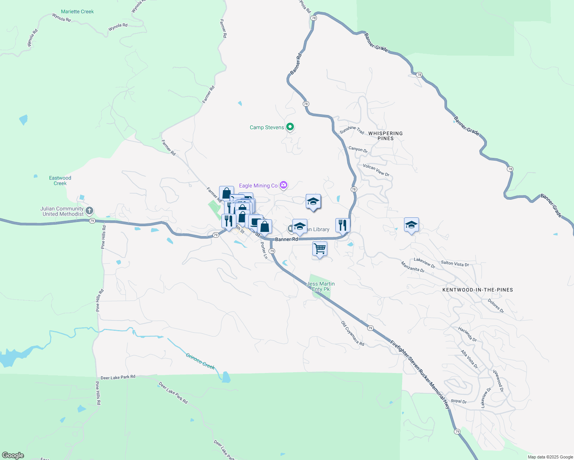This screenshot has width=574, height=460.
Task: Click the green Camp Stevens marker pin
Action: click(290, 127)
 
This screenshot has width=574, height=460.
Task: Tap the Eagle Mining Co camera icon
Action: click(284, 186)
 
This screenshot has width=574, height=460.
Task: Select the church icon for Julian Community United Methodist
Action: click(89, 210)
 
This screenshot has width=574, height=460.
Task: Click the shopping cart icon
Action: click(320, 249)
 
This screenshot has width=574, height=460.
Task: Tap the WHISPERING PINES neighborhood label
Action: click(385, 136)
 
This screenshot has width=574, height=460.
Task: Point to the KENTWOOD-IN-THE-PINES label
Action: click(477, 290)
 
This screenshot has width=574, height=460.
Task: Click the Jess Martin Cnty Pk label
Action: click(321, 286)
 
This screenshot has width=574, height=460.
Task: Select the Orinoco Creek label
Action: click(200, 361)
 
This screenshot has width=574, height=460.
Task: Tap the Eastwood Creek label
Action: click(60, 181)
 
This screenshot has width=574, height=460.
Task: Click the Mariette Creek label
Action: click(77, 11)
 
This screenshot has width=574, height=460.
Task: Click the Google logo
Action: click(13, 455)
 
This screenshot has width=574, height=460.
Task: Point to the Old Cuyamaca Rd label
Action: click(353, 333)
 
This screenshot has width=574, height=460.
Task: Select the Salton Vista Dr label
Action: click(455, 264)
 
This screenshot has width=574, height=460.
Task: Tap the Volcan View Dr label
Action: click(376, 170)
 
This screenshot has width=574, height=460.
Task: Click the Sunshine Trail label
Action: click(352, 130)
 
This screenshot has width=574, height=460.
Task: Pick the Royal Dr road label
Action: click(459, 401)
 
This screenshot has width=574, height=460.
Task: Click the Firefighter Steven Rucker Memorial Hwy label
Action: click(420, 374)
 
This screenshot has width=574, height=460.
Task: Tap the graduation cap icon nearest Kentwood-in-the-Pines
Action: click(411, 225)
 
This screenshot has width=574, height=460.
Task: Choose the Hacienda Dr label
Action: click(467, 334)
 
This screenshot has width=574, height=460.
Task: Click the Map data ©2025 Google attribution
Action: click(550, 457)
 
